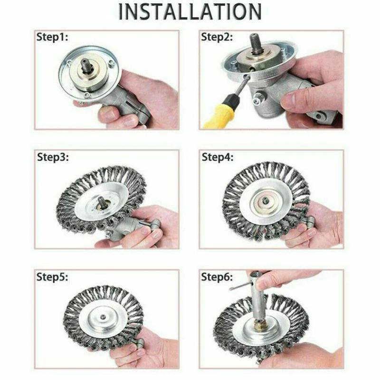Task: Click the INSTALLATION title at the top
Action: pos(190,11)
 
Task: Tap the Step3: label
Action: pos(53,157)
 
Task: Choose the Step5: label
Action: pos(53,277)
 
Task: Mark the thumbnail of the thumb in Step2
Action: pos(288,100)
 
